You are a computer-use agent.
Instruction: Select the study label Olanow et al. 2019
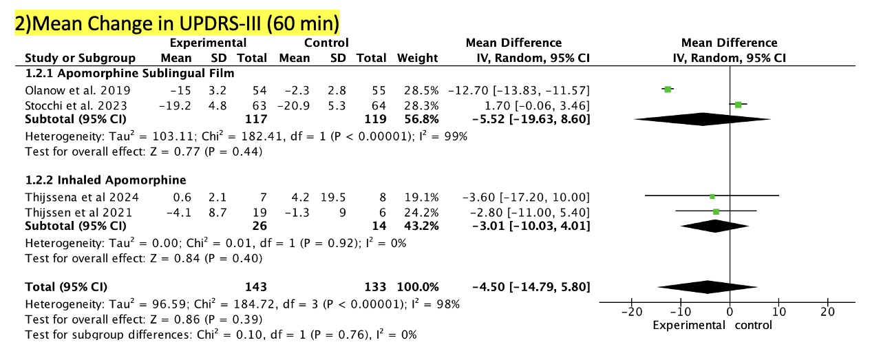pos(69,89)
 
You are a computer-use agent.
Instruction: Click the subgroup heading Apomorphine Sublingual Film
pos(129,73)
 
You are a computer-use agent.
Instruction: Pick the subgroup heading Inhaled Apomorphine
pos(105,180)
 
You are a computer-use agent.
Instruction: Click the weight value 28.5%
pos(417,89)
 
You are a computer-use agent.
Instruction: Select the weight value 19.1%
pos(417,197)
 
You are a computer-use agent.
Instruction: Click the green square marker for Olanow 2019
pos(667,89)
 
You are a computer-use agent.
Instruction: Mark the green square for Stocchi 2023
pos(738,105)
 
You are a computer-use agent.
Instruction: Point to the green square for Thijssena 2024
pos(712,197)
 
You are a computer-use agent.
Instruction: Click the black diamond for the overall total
pos(708,286)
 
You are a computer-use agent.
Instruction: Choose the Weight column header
pos(417,58)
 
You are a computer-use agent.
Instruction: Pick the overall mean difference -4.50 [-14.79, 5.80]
pos(529,286)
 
